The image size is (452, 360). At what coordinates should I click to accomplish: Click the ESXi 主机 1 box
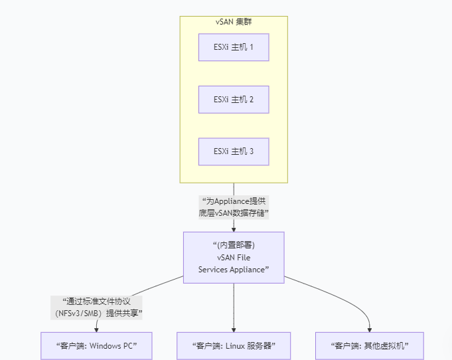click(x=234, y=47)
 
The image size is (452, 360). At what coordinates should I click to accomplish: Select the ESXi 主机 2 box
click(x=234, y=100)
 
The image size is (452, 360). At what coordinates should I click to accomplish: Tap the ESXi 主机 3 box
click(x=234, y=152)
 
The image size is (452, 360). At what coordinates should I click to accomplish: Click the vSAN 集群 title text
click(x=234, y=22)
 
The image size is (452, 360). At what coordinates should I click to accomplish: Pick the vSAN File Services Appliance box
click(x=234, y=258)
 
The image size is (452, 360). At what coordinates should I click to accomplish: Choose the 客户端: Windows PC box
click(x=97, y=346)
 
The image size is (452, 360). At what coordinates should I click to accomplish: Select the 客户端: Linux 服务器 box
click(x=234, y=346)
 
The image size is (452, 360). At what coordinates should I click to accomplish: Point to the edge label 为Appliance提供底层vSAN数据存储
click(x=234, y=207)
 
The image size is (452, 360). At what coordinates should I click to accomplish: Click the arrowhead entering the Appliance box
click(x=234, y=229)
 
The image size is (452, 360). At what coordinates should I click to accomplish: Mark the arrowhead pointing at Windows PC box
click(x=97, y=329)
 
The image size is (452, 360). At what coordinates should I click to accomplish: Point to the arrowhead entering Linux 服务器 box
click(x=234, y=329)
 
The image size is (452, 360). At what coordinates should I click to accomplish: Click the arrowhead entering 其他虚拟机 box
click(x=370, y=329)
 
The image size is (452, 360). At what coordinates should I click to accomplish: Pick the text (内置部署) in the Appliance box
click(x=234, y=245)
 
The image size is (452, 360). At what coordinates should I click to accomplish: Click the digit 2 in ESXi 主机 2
click(x=251, y=100)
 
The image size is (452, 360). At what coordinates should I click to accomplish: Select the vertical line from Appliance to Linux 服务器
click(x=234, y=306)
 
